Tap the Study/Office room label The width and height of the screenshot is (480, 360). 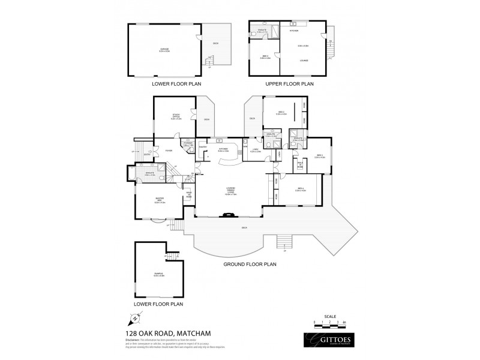pos(176,118)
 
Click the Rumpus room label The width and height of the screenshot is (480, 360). pos(158,275)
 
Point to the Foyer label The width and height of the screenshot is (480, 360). pos(169,151)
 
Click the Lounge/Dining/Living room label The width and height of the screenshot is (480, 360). pos(231,192)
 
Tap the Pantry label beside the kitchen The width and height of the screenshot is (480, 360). pos(203,147)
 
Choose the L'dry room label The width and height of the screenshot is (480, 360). pos(254,150)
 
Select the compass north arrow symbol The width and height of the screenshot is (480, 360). pos(131,319)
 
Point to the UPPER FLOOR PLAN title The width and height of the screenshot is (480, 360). pos(281,84)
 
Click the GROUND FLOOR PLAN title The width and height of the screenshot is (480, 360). pos(250,263)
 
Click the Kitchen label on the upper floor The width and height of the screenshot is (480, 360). pos(294,30)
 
